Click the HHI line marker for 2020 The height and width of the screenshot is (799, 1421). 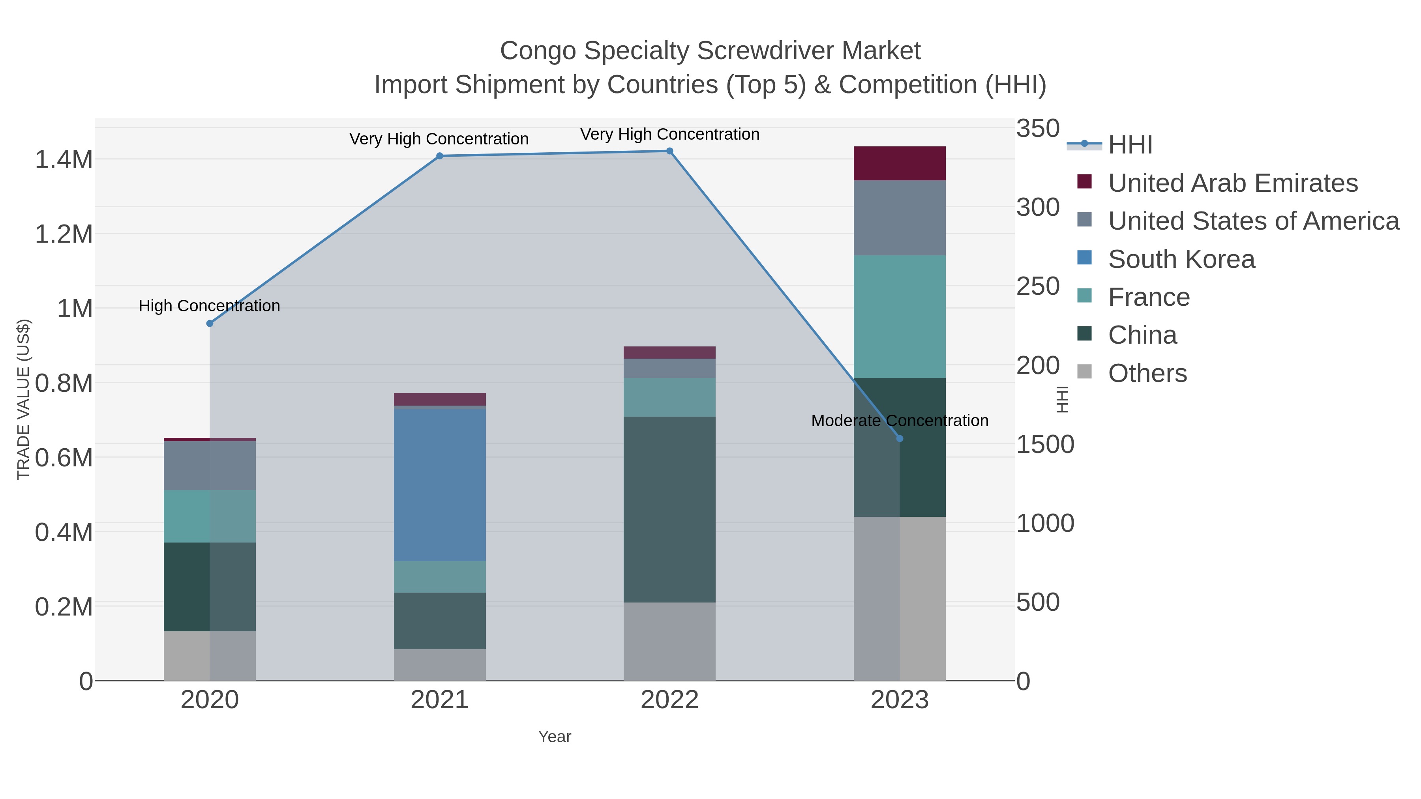[x=210, y=324]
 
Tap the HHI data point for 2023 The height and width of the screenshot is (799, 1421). [x=900, y=438]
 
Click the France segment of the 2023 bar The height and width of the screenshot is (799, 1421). [x=900, y=316]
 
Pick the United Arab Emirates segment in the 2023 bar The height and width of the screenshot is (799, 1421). [x=900, y=163]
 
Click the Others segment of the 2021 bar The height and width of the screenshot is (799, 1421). [x=440, y=664]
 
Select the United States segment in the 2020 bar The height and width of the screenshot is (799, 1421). [x=210, y=466]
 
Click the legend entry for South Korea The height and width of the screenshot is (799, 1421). [x=1181, y=259]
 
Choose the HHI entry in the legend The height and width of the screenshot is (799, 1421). [x=1130, y=145]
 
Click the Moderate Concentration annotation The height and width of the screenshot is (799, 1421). [x=899, y=421]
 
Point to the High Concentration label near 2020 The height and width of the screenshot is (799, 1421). [x=209, y=306]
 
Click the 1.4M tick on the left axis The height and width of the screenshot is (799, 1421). [x=64, y=160]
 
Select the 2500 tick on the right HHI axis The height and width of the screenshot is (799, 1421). [x=1038, y=286]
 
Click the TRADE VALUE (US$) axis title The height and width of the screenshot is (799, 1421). [x=23, y=399]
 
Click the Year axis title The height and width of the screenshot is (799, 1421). [x=555, y=737]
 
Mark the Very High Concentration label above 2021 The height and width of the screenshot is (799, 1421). [x=439, y=139]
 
